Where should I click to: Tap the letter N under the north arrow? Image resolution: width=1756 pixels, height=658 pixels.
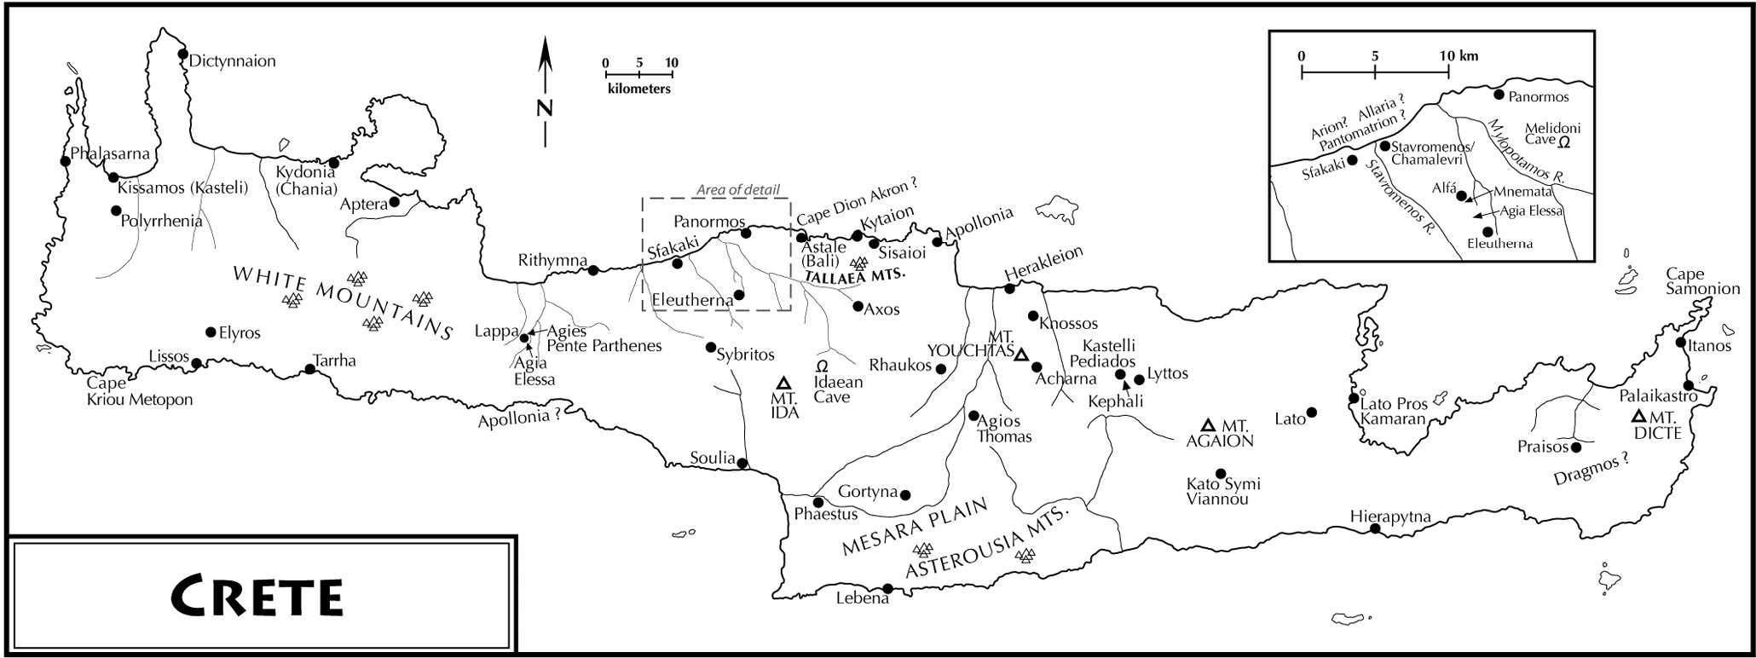[x=545, y=107]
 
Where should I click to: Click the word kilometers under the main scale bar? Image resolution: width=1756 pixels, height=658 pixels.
[x=638, y=89]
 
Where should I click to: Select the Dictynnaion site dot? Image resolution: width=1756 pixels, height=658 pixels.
[x=182, y=55]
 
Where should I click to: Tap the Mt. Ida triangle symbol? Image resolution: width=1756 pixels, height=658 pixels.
[x=784, y=383]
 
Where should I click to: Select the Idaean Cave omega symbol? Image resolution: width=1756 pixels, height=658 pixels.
[x=823, y=365]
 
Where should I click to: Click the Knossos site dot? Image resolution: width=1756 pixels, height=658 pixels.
[x=1033, y=316]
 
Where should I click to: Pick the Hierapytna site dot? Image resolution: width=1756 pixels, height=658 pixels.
[x=1375, y=529]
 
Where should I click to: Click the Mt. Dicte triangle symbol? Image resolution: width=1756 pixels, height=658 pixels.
[x=1638, y=417]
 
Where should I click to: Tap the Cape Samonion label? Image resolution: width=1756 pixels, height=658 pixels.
[x=1703, y=281]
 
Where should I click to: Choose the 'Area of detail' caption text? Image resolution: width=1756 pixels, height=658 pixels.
[x=738, y=190]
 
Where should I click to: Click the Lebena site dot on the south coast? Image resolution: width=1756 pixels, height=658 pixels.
[x=887, y=588]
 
